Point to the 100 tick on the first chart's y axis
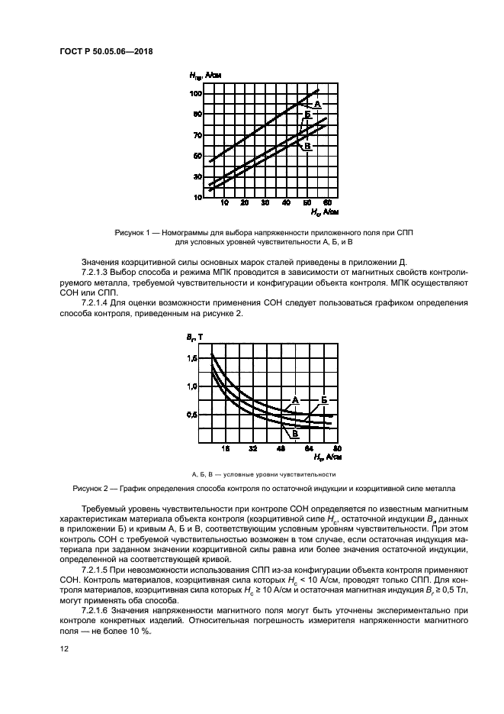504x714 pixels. point(196,93)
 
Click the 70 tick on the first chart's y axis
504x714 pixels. point(197,135)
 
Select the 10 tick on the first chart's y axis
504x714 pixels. point(197,197)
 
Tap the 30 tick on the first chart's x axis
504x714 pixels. point(265,204)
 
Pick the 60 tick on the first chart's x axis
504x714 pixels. point(326,204)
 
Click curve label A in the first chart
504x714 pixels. point(316,103)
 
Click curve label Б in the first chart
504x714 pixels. point(307,115)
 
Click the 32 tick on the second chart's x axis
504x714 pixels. point(252,448)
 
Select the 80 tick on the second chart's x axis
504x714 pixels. point(336,448)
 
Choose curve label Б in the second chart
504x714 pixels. point(324,399)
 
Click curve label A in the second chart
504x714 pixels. point(294,399)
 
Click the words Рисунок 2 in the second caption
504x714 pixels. point(92,486)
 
